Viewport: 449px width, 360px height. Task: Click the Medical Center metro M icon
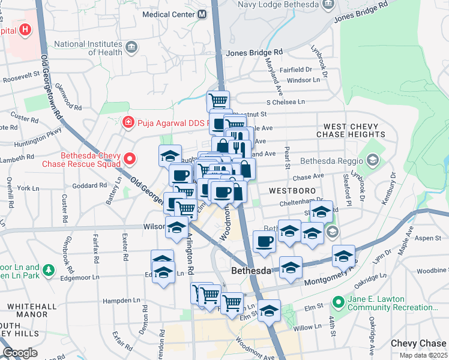pos(202,14)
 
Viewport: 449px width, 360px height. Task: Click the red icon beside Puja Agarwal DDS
pos(127,123)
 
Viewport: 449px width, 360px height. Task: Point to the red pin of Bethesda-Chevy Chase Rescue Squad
pos(130,159)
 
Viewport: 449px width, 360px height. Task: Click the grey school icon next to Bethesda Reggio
pos(373,160)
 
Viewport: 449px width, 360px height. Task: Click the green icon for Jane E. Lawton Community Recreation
pos(339,302)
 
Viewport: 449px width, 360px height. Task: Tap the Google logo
pos(20,353)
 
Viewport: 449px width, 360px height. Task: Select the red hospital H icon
pos(25,29)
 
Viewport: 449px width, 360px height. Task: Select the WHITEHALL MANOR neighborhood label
pos(27,310)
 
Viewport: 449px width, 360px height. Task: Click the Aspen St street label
pos(428,238)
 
